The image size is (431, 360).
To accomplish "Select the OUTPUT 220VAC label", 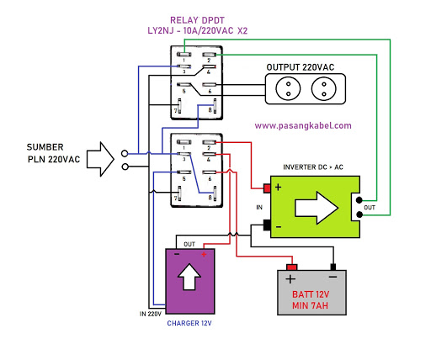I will coord(301,66).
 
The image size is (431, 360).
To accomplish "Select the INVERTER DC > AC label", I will coord(313,167).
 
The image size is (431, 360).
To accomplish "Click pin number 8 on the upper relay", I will coord(210,109).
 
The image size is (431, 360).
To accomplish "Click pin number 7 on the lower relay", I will coord(178,197).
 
